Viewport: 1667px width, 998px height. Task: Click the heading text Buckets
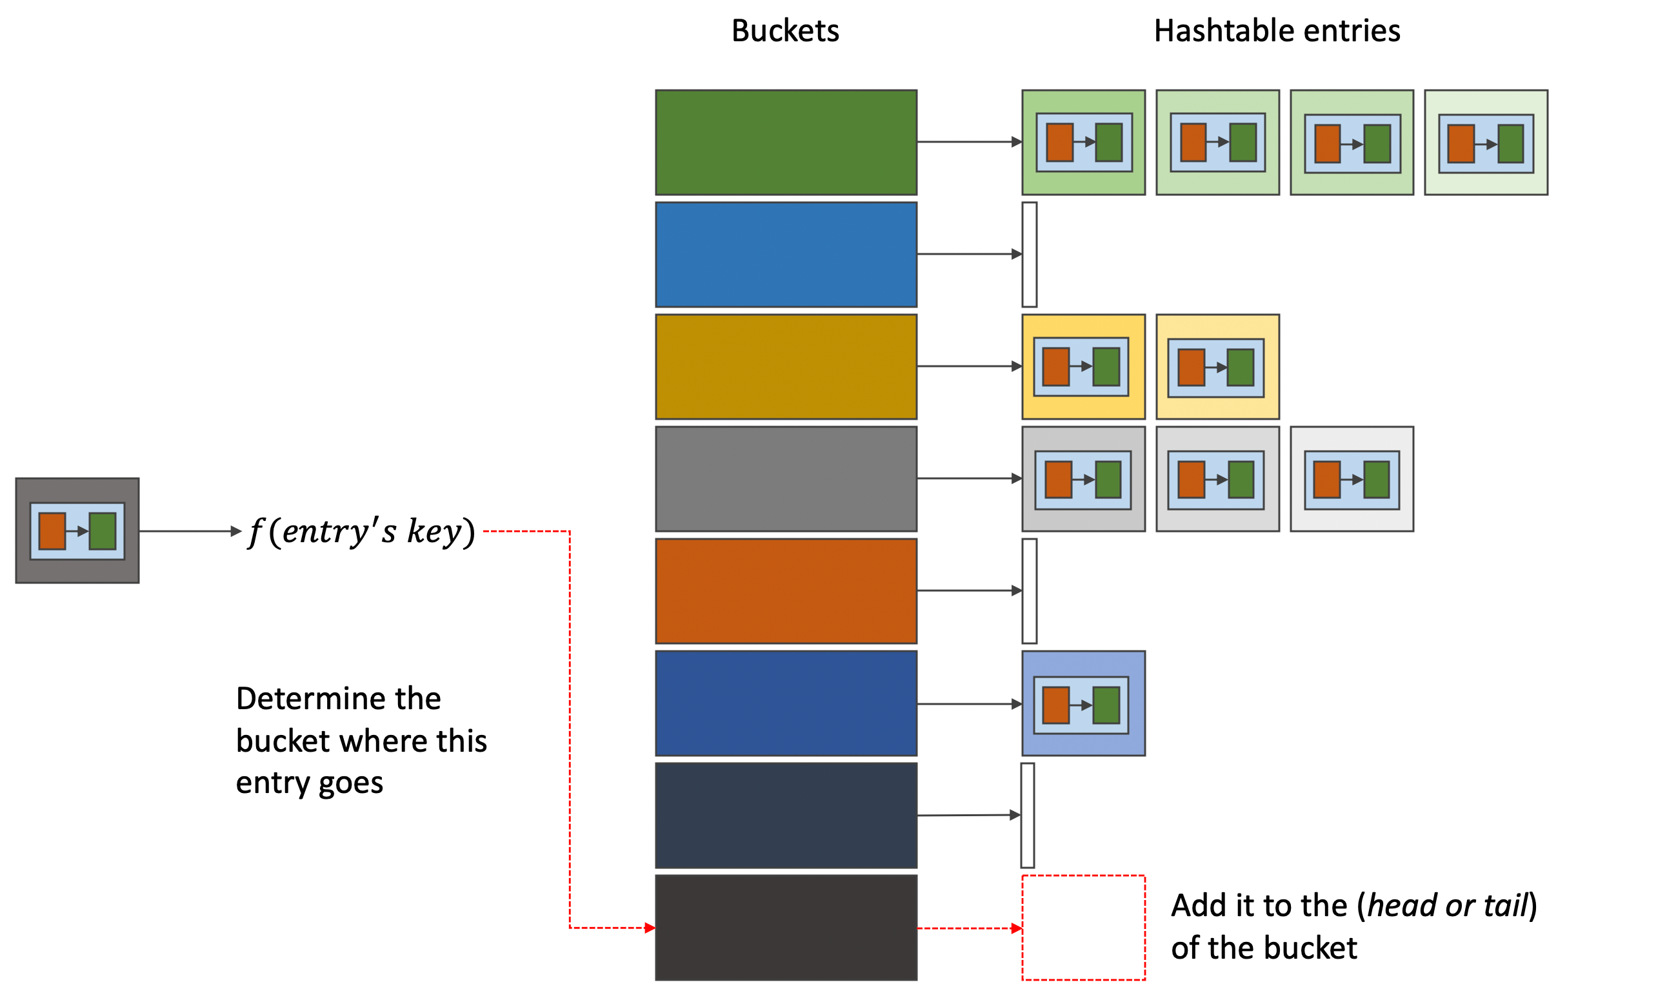(x=785, y=31)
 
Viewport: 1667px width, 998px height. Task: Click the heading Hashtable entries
(x=1276, y=31)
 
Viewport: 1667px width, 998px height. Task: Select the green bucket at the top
(x=786, y=142)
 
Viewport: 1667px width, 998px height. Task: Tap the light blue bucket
(x=786, y=254)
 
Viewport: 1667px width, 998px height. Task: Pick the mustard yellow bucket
(x=786, y=367)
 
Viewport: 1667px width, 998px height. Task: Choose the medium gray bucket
(x=786, y=478)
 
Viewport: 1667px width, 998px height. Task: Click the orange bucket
(x=786, y=591)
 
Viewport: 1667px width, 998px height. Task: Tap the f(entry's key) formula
(x=361, y=531)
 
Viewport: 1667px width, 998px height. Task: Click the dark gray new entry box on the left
(x=77, y=531)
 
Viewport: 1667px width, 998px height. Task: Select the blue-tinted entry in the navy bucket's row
(x=1083, y=703)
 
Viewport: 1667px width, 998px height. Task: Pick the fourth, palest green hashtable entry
(x=1485, y=142)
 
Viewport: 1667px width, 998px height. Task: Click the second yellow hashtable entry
(x=1217, y=367)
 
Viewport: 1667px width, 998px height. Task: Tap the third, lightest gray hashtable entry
(x=1352, y=478)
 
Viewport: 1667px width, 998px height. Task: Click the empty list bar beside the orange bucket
(x=1028, y=591)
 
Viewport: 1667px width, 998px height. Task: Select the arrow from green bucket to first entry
(x=969, y=142)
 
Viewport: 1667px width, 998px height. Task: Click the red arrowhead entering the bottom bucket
(x=649, y=928)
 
